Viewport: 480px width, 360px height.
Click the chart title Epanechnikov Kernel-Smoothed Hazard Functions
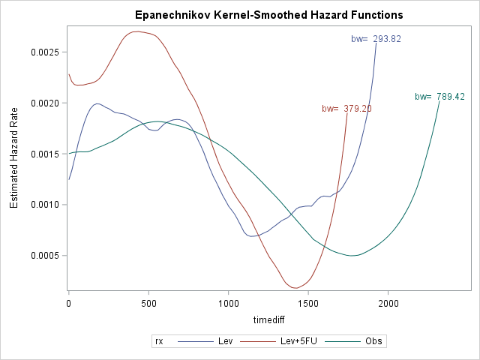(268, 15)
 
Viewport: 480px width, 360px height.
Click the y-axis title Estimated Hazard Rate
(14, 160)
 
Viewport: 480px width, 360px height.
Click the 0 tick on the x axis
(69, 303)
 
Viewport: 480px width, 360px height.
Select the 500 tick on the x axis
(148, 303)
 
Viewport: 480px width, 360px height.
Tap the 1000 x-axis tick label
(229, 303)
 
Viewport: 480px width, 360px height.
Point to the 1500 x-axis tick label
(308, 303)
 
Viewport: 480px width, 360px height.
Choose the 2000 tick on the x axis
(388, 303)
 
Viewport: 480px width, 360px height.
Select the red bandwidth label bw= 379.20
(346, 109)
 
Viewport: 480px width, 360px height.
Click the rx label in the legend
(159, 341)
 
